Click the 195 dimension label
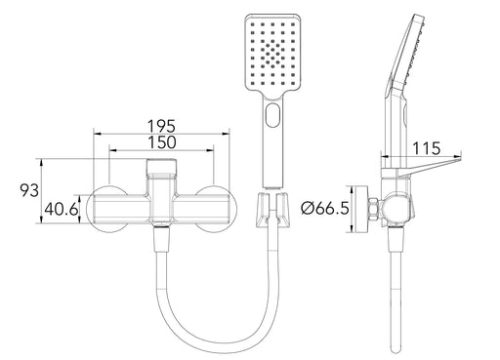coord(161,126)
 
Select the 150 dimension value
coord(162,142)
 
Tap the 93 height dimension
coord(29,190)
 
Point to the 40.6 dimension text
coord(62,209)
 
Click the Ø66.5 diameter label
coord(325,208)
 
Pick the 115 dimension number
coord(427,148)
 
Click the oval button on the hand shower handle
coord(272,114)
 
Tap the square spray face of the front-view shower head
coord(271,55)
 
